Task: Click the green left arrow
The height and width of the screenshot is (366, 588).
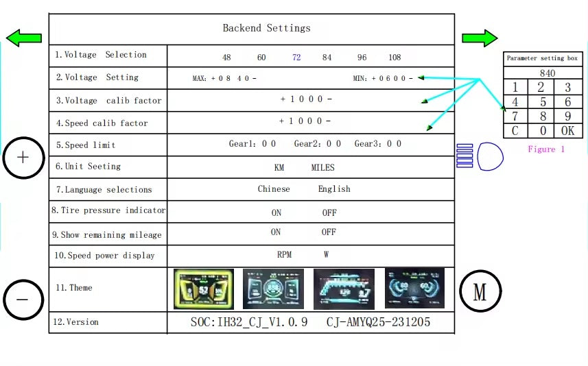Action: [x=23, y=38]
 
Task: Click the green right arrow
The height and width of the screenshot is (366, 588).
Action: [x=479, y=38]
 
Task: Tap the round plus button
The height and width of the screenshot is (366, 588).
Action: [x=23, y=157]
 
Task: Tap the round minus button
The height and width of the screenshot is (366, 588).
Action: [x=23, y=300]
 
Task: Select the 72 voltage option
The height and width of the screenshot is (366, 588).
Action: [x=296, y=58]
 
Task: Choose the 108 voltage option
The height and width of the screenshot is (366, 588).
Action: [x=395, y=58]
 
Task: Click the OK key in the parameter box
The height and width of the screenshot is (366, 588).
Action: [x=567, y=131]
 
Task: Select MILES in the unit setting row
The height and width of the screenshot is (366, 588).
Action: [x=322, y=167]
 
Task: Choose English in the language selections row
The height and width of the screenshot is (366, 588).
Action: [x=334, y=189]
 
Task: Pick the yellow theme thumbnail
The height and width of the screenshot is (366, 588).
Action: [x=204, y=289]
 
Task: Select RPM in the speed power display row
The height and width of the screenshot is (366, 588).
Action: [x=284, y=255]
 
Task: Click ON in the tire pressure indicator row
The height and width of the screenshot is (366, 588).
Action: [x=276, y=212]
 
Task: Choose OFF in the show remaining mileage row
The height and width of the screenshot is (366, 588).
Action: [x=329, y=232]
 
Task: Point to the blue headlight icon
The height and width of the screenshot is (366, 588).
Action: [x=489, y=156]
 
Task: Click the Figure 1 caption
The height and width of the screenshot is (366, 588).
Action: [x=546, y=149]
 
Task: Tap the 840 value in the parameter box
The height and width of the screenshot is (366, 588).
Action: [x=547, y=73]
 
